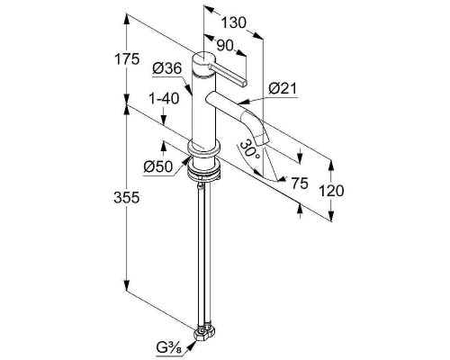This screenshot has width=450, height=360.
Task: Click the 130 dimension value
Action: [234, 22]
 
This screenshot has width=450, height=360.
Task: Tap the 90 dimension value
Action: [225, 45]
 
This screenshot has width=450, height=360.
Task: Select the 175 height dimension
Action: [127, 59]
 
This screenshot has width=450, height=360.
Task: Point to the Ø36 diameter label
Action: [167, 68]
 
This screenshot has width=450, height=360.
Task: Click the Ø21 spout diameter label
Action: [283, 88]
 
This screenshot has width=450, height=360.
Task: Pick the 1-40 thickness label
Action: [164, 98]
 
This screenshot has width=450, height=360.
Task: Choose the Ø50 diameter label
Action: [158, 166]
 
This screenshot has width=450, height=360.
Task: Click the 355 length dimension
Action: [127, 198]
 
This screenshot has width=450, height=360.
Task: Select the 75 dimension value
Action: [300, 184]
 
